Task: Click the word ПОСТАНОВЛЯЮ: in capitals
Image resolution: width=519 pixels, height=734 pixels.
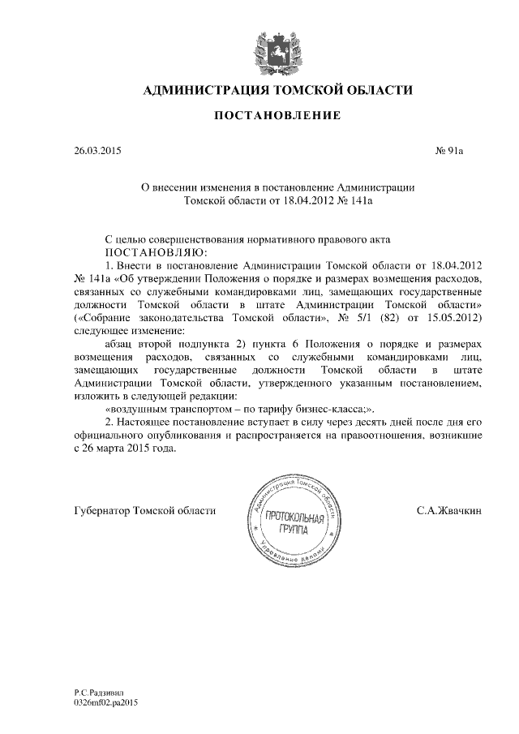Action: click(146, 252)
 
